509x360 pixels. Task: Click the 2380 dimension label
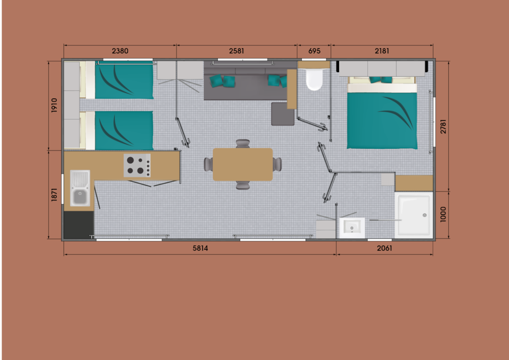120,51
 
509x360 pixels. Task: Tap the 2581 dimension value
236,51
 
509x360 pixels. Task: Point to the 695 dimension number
314,51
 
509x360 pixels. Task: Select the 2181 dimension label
382,51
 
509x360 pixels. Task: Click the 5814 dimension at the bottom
200,248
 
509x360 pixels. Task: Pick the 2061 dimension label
384,248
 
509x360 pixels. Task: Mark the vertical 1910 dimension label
54,105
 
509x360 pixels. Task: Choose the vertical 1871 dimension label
54,194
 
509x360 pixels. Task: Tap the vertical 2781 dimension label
443,127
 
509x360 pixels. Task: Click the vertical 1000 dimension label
443,214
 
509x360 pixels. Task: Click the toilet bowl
314,79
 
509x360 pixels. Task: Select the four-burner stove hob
137,165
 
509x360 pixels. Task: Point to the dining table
243,164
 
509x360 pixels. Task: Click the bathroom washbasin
352,228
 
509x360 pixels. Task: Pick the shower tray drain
424,215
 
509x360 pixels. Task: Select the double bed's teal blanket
382,120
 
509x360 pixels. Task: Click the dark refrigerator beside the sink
79,225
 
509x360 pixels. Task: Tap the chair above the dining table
243,144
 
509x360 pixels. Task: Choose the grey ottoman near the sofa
283,114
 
